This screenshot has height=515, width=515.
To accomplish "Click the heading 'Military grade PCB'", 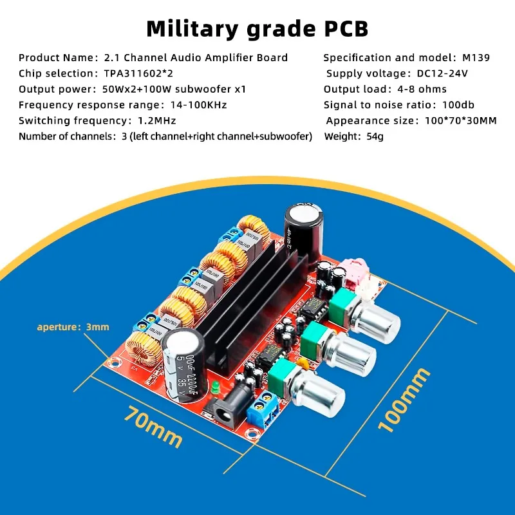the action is click(257, 29).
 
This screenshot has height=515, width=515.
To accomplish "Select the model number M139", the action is click(476, 57).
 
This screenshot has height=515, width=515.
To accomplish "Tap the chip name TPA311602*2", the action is click(138, 73).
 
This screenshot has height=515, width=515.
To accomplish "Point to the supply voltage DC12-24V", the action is click(442, 73).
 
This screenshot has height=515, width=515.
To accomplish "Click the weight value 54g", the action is click(375, 136).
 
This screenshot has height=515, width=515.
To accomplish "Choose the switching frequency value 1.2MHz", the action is click(156, 120).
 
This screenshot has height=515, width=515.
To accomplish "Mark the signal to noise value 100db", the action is click(458, 105).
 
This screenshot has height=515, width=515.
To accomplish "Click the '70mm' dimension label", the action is click(153, 426).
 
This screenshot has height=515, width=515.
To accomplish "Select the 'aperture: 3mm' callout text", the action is click(73, 327).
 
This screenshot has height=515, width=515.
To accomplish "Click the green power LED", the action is click(216, 388).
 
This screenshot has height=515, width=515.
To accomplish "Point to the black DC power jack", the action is click(226, 406).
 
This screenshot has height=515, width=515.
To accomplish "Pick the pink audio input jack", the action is click(353, 272).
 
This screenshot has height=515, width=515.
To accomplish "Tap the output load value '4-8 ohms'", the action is click(422, 89).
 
